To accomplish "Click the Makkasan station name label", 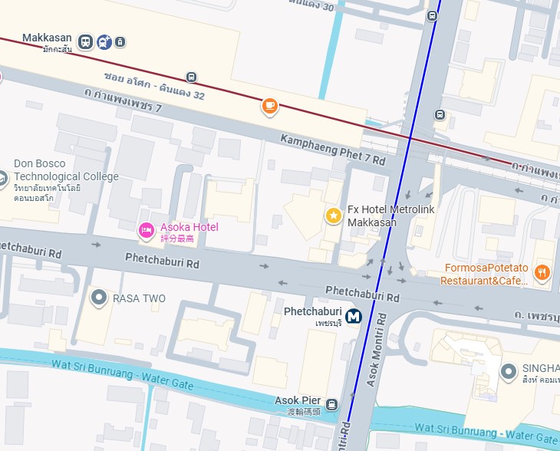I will [47, 38].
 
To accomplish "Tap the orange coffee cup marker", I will [269, 106].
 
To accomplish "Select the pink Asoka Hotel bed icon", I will [146, 229].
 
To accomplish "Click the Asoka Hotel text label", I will [189, 227].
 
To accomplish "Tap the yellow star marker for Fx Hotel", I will [333, 216].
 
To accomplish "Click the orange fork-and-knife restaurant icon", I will [542, 272].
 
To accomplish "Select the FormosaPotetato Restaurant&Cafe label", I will [484, 275].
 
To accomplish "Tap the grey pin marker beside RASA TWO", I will [98, 297].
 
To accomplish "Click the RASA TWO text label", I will [139, 298].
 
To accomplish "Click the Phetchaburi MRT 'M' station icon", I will [354, 315].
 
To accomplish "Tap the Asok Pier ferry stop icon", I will [331, 404].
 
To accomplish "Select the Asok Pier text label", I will [298, 400].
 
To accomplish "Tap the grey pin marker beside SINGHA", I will [508, 372].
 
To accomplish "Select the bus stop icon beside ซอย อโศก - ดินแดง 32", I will [191, 77].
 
